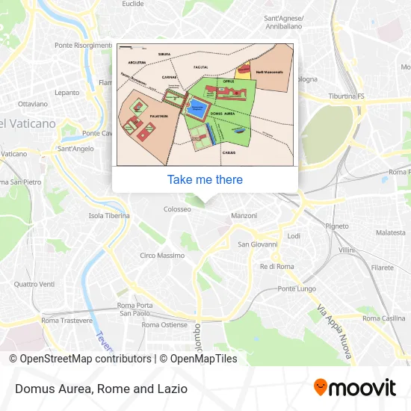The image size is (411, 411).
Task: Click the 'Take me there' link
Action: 205,179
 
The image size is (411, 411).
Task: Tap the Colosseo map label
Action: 178,209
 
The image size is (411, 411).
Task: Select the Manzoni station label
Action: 244,215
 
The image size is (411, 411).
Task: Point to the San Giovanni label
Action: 258,244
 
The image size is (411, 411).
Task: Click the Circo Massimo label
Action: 162,256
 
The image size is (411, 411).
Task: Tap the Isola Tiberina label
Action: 109,216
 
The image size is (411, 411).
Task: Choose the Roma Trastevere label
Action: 67,321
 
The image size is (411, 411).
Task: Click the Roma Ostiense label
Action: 164,325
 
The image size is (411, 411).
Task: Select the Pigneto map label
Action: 337,225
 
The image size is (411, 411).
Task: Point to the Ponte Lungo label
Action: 297,288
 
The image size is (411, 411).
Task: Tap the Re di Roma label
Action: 276,267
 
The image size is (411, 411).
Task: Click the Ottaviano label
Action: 32,104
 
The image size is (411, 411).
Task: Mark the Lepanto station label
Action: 67,93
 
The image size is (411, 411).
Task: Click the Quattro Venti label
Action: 34,284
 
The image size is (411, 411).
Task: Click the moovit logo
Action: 354,388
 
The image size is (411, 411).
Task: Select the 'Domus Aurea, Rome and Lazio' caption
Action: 100,389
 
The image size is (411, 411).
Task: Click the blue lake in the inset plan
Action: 197,109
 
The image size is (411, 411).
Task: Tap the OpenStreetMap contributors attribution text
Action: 80,359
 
